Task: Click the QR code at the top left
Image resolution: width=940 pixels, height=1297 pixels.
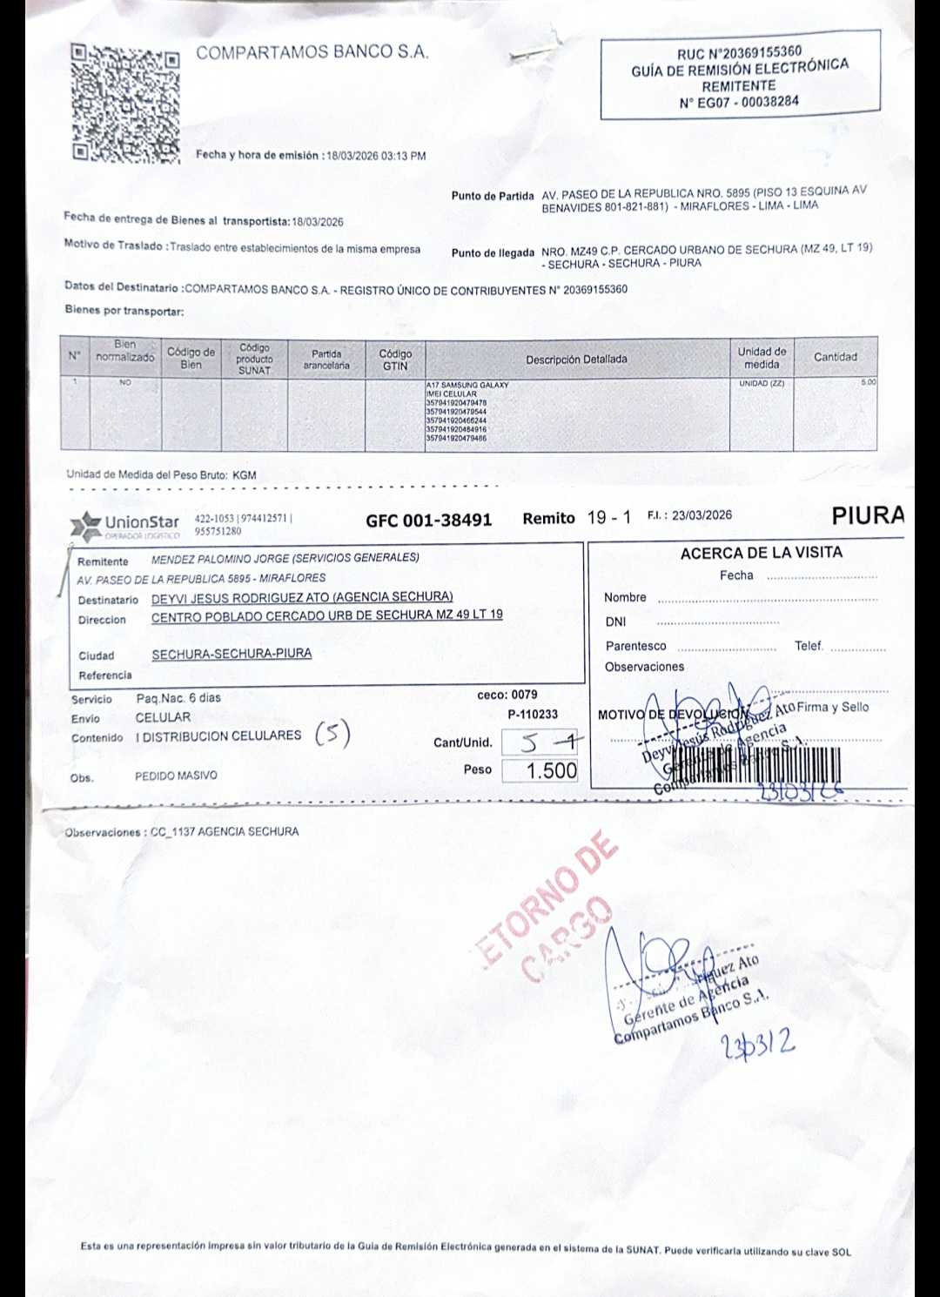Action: [125, 103]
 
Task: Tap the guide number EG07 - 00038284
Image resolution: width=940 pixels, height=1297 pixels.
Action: [739, 102]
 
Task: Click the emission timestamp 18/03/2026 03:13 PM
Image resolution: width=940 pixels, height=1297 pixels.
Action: [376, 156]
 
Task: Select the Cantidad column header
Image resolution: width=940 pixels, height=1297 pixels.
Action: [835, 357]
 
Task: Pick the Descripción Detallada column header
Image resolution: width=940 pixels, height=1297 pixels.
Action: [576, 359]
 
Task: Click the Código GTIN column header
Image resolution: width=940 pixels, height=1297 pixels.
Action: [395, 360]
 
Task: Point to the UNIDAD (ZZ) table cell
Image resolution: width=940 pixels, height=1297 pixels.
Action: [762, 383]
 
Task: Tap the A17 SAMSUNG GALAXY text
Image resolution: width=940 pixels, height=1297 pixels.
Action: [467, 385]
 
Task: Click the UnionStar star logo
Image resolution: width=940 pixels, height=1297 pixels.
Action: [86, 525]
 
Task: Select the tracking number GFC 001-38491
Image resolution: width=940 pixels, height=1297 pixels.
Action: [428, 521]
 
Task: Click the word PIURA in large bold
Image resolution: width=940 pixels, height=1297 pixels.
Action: [868, 515]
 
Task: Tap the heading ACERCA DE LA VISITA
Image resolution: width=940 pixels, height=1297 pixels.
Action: [761, 553]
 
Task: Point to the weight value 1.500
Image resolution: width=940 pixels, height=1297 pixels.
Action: [552, 770]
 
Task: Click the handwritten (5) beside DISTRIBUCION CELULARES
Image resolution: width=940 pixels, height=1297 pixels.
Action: [332, 735]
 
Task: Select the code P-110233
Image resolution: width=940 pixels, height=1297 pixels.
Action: [533, 715]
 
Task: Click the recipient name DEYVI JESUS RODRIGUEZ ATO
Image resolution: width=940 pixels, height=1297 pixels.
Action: [302, 597]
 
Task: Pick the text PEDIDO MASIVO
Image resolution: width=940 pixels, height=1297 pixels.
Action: [176, 776]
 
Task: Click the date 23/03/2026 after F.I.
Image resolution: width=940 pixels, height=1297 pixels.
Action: [702, 515]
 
